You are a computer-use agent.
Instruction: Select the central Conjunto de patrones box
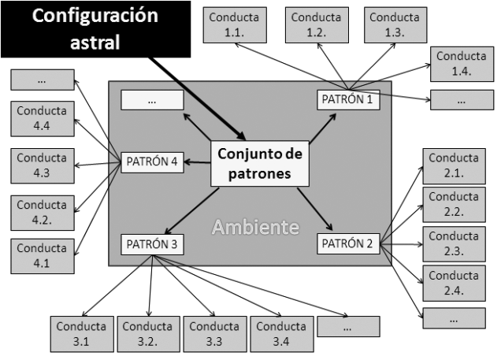(258, 163)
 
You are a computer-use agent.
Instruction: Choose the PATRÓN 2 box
(348, 243)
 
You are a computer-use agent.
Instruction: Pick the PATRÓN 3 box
(153, 244)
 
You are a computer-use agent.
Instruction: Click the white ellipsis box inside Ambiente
(151, 100)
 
